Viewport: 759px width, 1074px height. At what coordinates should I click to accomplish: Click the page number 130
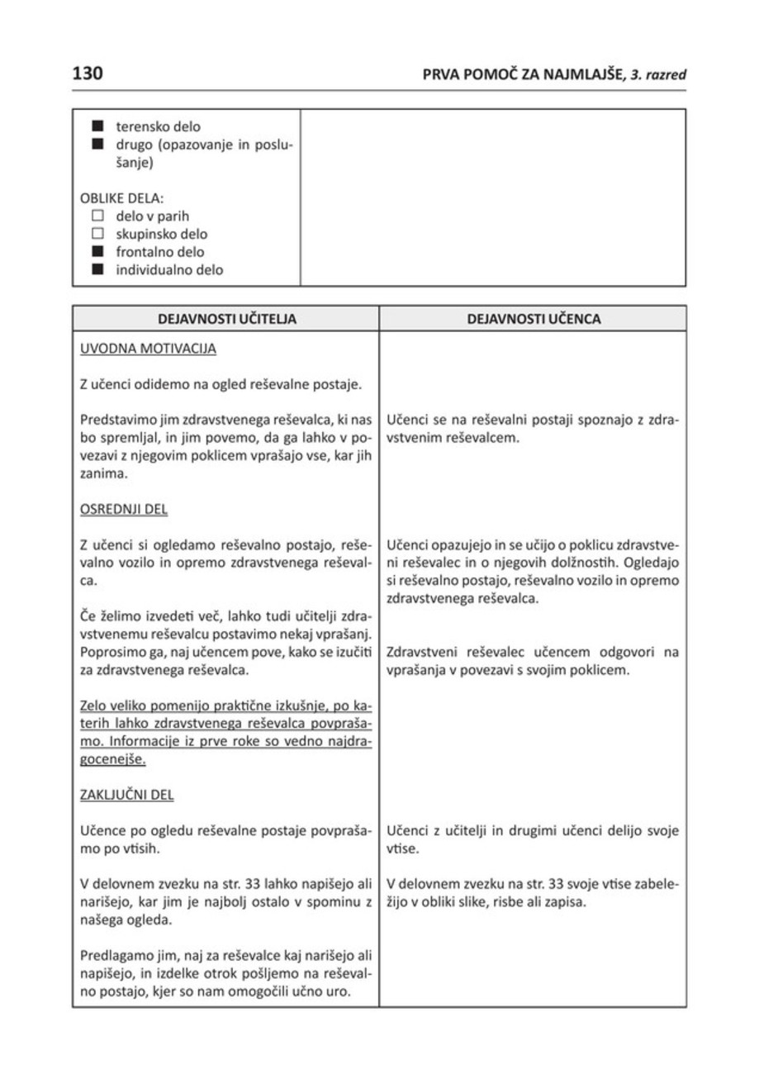tap(87, 74)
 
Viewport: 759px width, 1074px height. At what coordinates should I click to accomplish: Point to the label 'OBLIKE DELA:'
tap(121, 199)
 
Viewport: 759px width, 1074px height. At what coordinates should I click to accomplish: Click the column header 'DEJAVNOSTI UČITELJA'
tap(225, 319)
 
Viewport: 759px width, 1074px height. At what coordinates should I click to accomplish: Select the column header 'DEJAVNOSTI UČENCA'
tap(533, 319)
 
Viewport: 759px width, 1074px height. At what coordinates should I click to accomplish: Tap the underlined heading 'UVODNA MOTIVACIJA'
tap(148, 349)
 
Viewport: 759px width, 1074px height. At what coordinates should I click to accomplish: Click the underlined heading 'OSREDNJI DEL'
tap(122, 509)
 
